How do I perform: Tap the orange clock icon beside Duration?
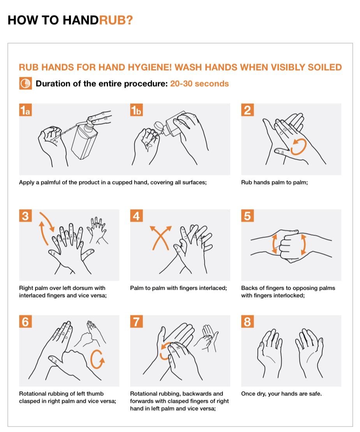[x=26, y=84]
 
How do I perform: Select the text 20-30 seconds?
[x=199, y=84]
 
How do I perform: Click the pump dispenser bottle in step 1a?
[x=86, y=140]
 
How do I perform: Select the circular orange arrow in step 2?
[x=298, y=146]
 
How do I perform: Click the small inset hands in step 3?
[x=96, y=228]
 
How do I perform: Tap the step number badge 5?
[x=247, y=216]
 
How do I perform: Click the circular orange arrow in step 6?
[x=97, y=359]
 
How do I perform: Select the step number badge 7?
[x=136, y=322]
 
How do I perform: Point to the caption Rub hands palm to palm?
[x=274, y=182]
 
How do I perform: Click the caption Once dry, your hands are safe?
[x=281, y=393]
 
